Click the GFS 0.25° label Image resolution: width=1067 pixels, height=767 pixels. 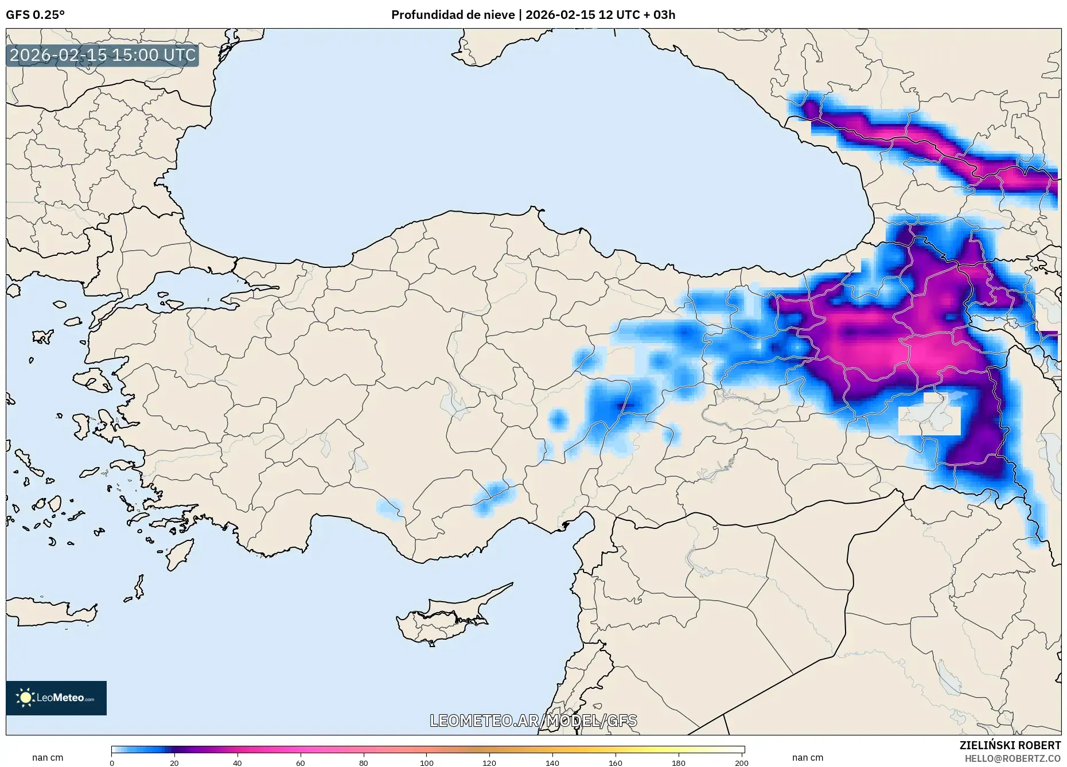[x=35, y=15]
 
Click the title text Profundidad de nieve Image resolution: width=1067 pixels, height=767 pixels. [x=453, y=15]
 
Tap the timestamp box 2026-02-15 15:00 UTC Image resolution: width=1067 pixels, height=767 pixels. [x=103, y=55]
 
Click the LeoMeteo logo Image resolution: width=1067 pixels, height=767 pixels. [x=56, y=698]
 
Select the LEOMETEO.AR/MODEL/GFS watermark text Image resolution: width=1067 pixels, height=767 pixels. [x=533, y=721]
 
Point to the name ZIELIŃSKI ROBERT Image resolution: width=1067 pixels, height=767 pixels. [x=1010, y=745]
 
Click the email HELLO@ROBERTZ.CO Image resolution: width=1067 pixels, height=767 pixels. [x=1013, y=758]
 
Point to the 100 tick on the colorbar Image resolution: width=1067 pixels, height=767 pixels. [x=426, y=763]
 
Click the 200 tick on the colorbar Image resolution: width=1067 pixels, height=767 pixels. [x=741, y=763]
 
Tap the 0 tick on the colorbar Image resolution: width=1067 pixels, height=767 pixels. [x=112, y=763]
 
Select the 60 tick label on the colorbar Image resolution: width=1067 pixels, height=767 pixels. [x=301, y=763]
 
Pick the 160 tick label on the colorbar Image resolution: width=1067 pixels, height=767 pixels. [x=615, y=763]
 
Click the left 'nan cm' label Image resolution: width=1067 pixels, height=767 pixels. [x=48, y=758]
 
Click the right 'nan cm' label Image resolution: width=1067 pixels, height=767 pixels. [x=807, y=758]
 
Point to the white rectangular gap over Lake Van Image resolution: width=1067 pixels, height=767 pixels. [x=929, y=420]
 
